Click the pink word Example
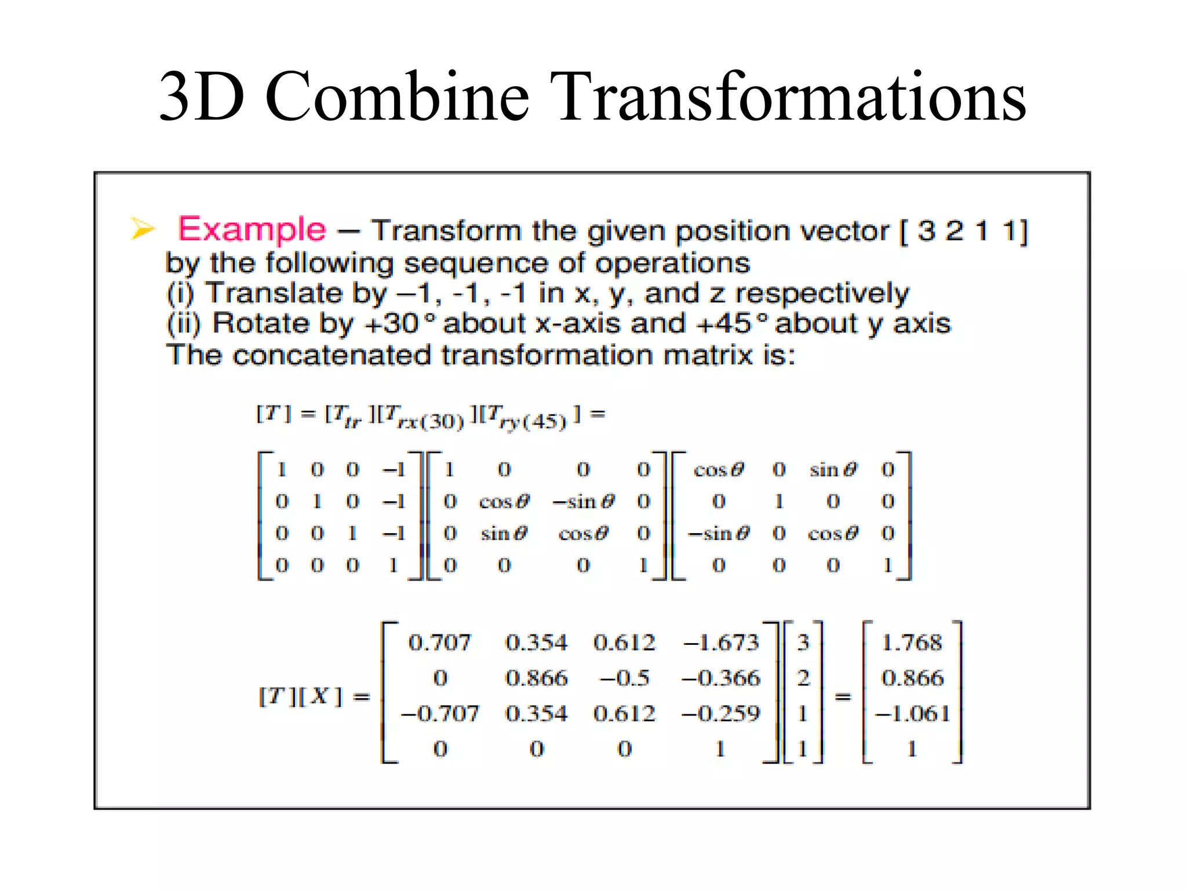pos(252,229)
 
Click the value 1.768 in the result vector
pos(912,642)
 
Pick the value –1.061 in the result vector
pos(912,713)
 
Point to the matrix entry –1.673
pos(720,642)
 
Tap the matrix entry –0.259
pos(720,713)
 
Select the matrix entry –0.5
pos(624,678)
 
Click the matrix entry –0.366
pos(720,678)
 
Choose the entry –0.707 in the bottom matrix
pos(440,713)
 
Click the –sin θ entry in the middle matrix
pos(583,501)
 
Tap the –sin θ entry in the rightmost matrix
pos(718,533)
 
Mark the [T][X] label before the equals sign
pos(301,696)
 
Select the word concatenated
pos(332,355)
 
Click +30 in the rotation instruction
pos(392,323)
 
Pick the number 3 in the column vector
pos(803,642)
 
